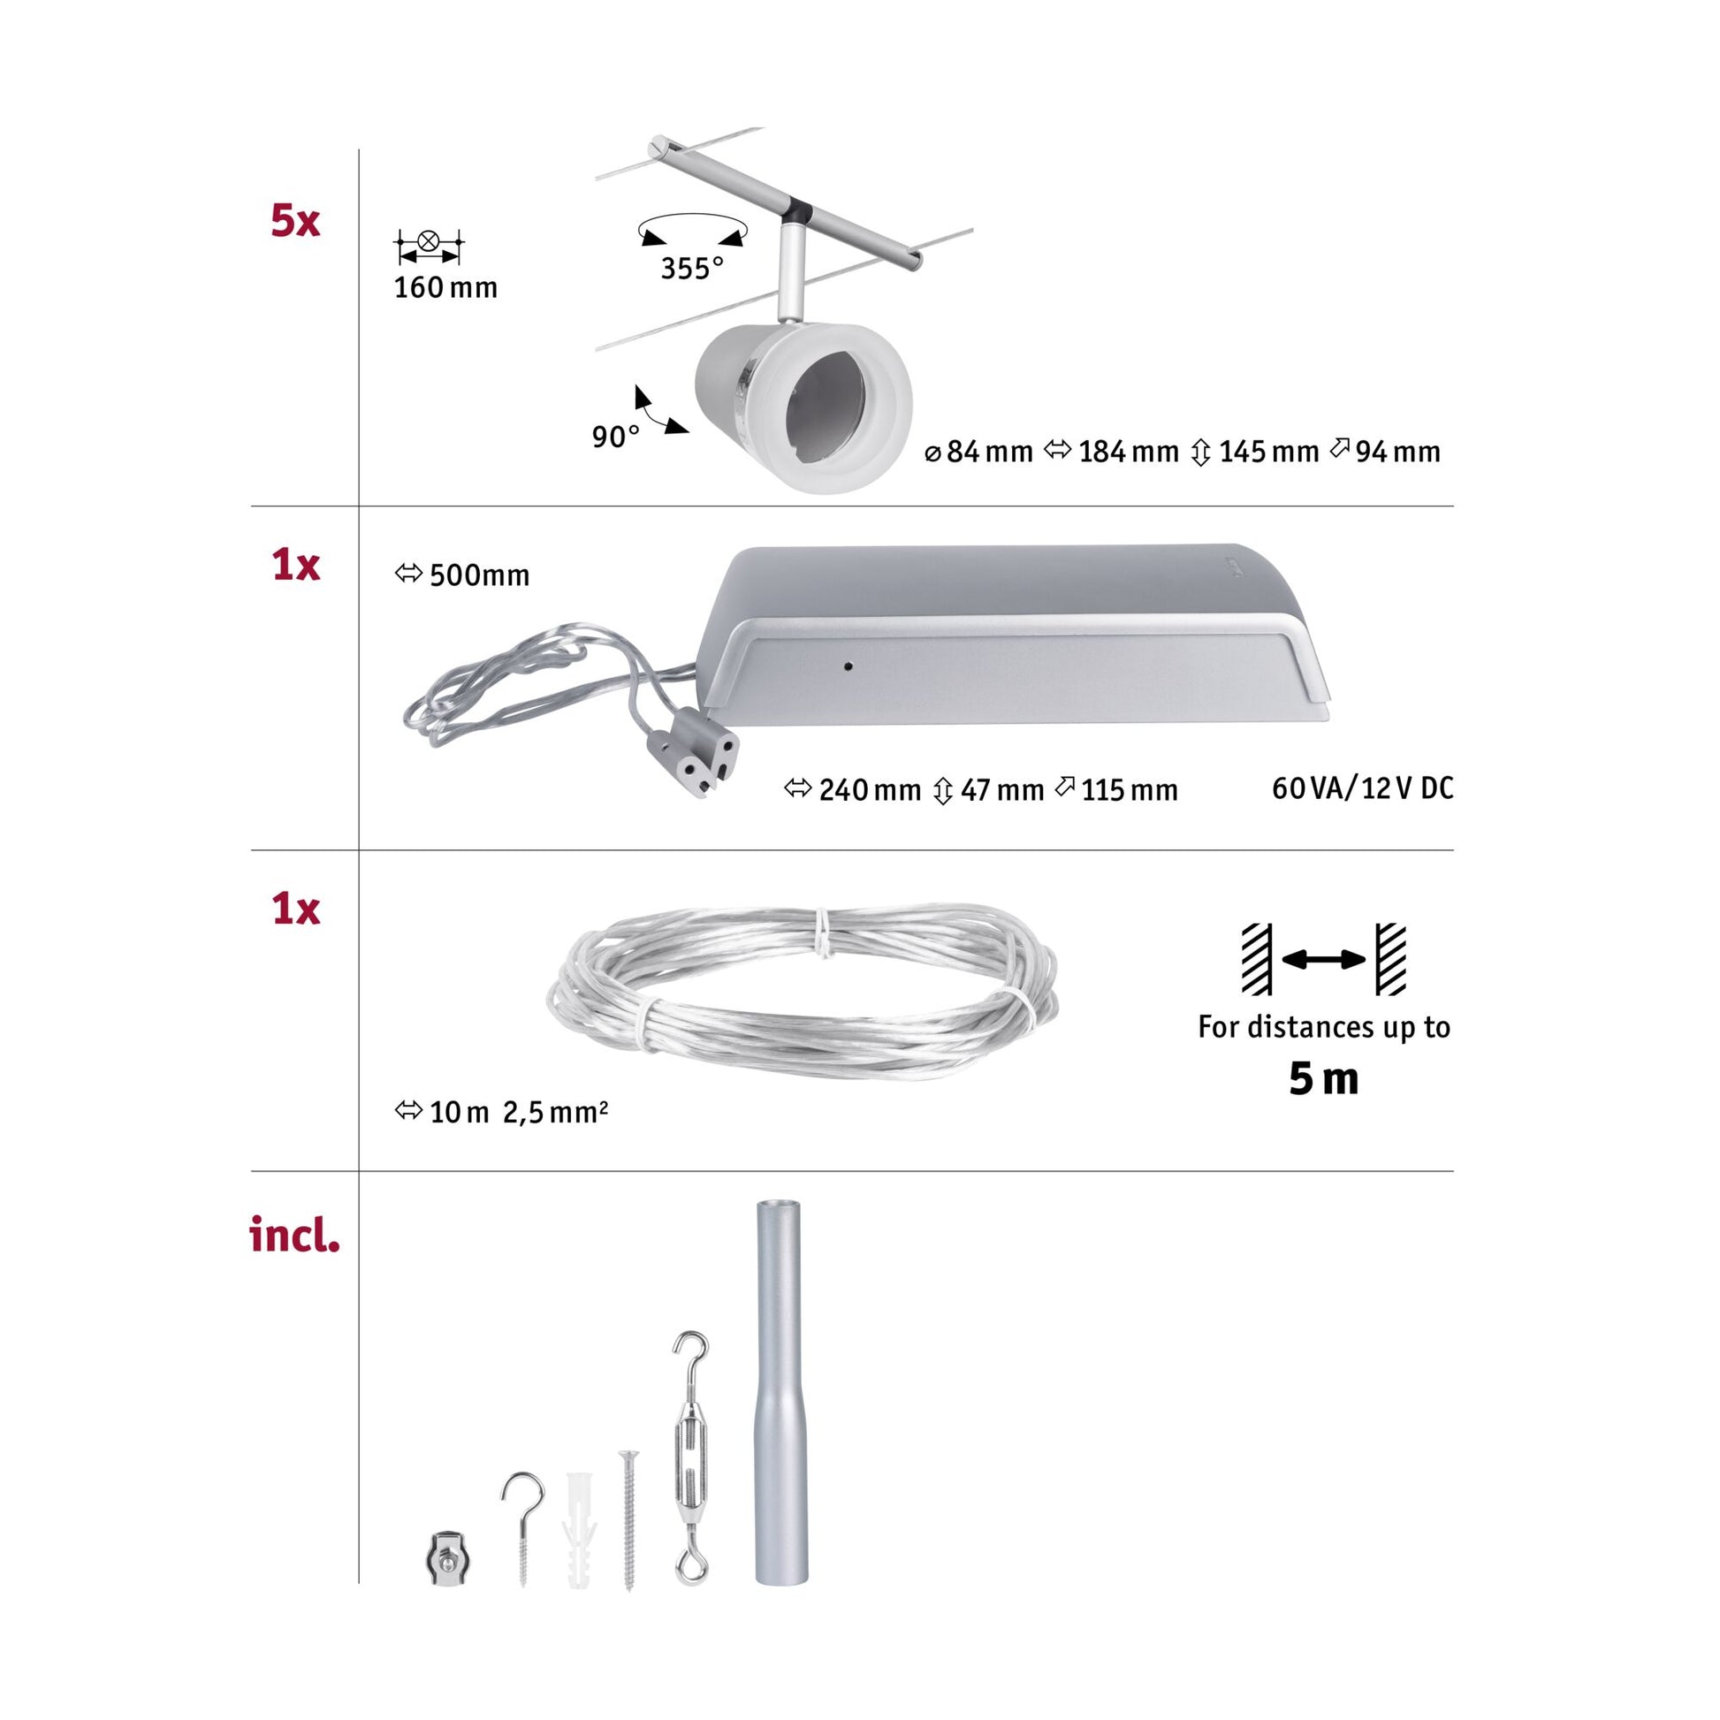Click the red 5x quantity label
tap(294, 220)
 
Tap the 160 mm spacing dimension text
tap(445, 287)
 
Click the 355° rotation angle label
tap(692, 268)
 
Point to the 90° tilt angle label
tap(615, 437)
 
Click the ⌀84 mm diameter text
tap(978, 452)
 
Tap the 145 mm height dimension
tap(1256, 452)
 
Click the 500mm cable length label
tap(463, 575)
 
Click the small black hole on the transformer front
tap(849, 665)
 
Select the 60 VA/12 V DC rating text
tap(1362, 788)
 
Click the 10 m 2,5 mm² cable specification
tap(502, 1112)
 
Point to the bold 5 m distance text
tap(1323, 1079)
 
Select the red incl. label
tap(293, 1235)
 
